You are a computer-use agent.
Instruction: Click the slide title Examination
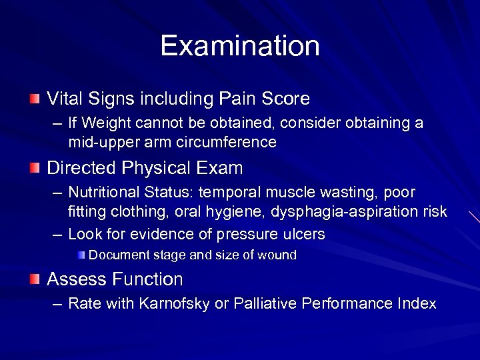pyautogui.click(x=240, y=46)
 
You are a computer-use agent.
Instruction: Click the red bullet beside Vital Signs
pyautogui.click(x=35, y=99)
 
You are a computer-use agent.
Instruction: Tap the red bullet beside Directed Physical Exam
pyautogui.click(x=35, y=168)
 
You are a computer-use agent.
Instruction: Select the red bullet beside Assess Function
pyautogui.click(x=35, y=279)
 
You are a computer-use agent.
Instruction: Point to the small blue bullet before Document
pyautogui.click(x=81, y=255)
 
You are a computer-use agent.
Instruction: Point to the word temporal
pyautogui.click(x=236, y=193)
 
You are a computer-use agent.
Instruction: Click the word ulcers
pyautogui.click(x=303, y=235)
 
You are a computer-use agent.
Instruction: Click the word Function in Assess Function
pyautogui.click(x=147, y=279)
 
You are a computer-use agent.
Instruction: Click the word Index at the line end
pyautogui.click(x=417, y=304)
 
